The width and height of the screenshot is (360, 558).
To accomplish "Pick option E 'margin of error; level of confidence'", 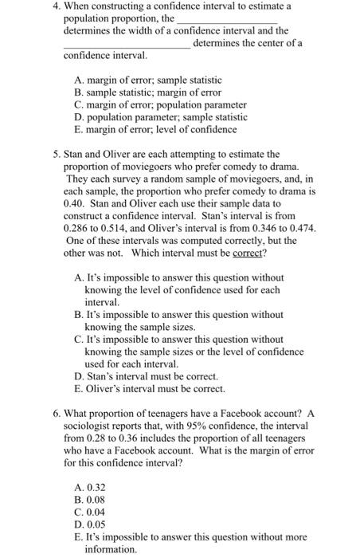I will (150, 128).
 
